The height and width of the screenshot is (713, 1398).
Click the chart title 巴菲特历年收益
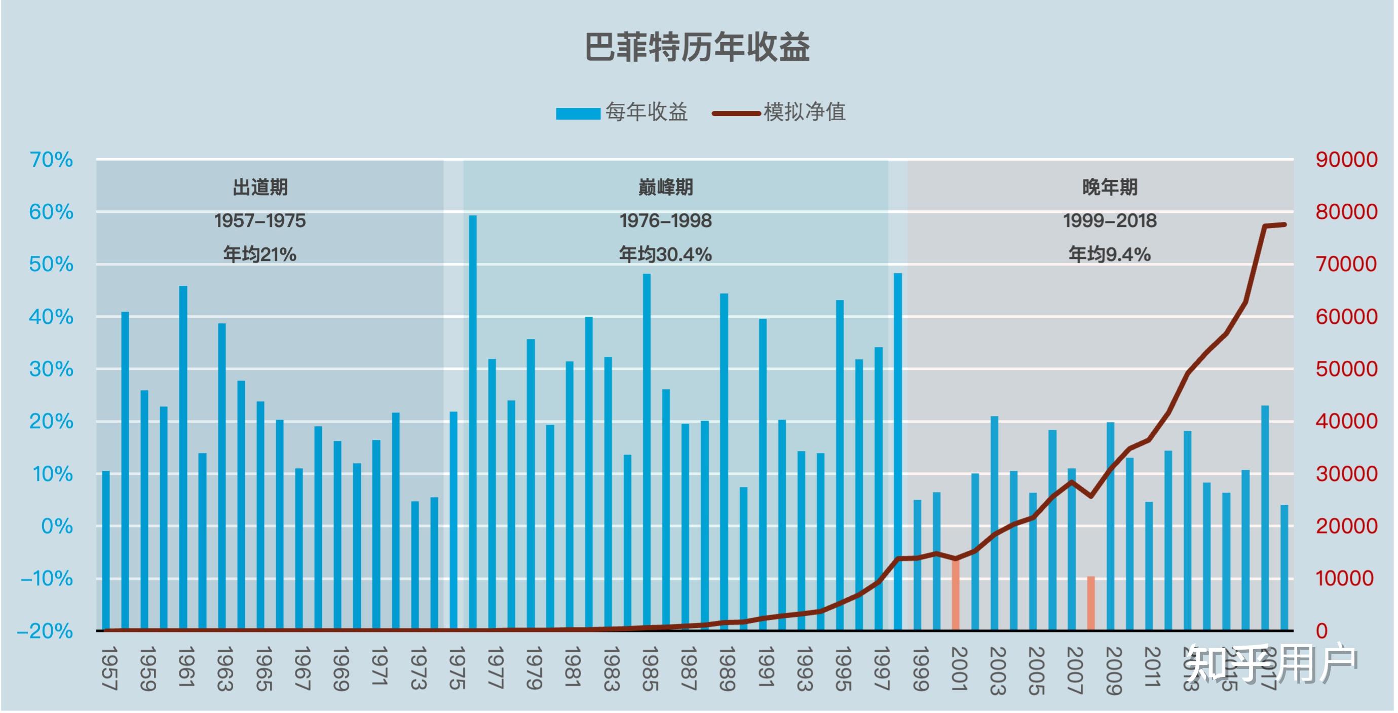[697, 48]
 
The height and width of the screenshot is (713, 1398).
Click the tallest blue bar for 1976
[473, 423]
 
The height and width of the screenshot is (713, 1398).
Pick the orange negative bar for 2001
[956, 594]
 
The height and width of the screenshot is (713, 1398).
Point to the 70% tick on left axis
[52, 160]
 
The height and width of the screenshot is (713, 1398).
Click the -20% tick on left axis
[46, 631]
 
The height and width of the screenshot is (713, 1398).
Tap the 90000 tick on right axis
[1346, 160]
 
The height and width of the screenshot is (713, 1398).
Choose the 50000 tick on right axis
[1346, 369]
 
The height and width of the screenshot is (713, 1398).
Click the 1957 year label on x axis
[109, 668]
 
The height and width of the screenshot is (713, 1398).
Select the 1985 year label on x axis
[650, 668]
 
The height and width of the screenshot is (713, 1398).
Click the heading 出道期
[260, 187]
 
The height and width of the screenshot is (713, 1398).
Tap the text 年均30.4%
[665, 254]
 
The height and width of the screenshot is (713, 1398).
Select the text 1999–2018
[1109, 221]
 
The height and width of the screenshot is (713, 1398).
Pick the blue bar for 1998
[898, 451]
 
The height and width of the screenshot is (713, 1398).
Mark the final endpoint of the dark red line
[1284, 224]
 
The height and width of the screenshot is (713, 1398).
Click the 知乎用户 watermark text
[1270, 663]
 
